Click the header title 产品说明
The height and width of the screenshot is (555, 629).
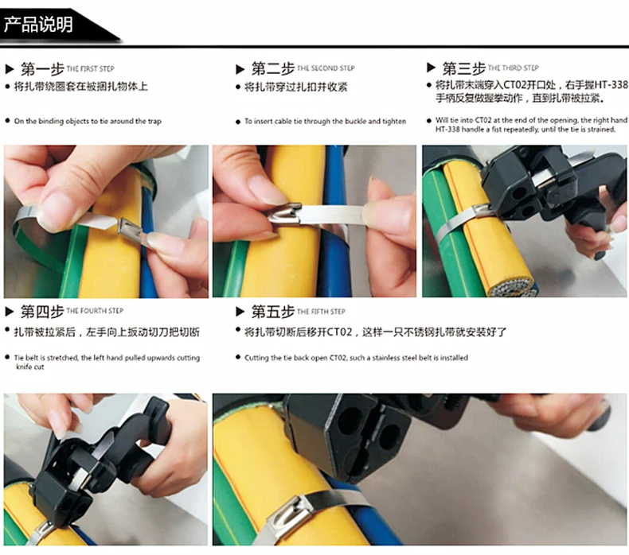38,25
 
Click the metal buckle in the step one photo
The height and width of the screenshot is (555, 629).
131,230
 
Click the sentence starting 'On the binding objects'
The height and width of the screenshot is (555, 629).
88,122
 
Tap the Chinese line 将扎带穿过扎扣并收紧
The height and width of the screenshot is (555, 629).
295,87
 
